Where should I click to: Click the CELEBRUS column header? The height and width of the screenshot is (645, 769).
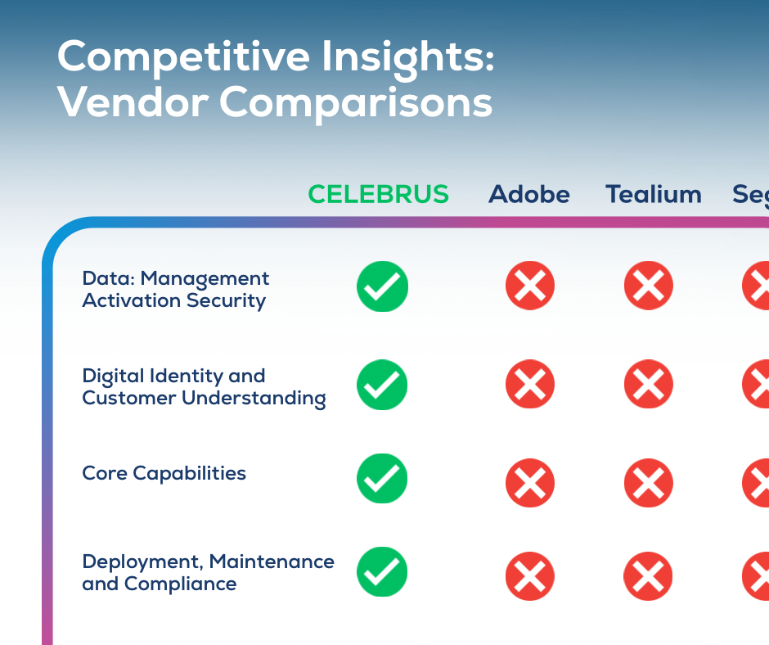pos(378,194)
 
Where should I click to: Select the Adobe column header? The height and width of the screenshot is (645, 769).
pos(528,194)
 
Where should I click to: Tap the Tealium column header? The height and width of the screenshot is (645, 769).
pos(653,194)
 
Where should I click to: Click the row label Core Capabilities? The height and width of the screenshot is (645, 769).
pos(164,473)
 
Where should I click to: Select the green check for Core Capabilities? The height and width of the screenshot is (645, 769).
pos(382,478)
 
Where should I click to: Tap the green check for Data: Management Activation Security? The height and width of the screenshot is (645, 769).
pos(382,286)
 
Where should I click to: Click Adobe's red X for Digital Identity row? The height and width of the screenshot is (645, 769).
pos(530,384)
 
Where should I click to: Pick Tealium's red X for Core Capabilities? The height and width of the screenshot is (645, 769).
pos(649,482)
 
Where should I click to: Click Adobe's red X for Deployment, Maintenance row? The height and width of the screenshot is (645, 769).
pos(530,576)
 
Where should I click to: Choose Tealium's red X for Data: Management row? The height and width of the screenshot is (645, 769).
pos(649,286)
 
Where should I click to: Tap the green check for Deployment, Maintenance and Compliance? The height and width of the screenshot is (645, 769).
pos(382,571)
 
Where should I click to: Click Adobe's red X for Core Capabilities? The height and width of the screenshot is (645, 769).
pos(530,482)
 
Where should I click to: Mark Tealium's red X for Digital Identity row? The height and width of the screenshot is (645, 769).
pos(649,384)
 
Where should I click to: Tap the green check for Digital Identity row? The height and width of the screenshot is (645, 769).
pos(382,384)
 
